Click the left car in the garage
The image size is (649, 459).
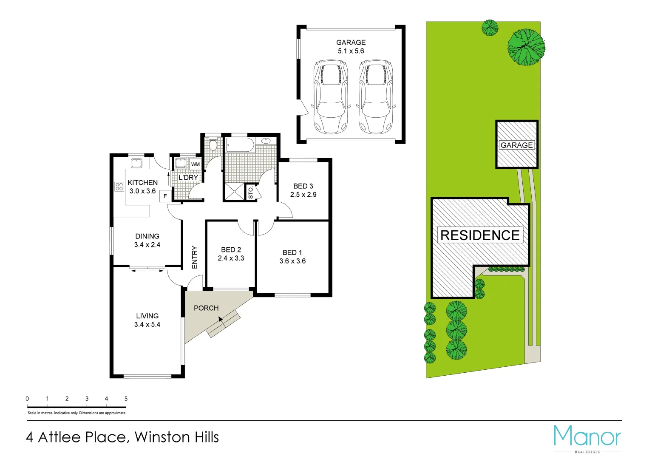330,96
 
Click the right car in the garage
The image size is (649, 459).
375,96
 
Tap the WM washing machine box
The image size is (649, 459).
195,164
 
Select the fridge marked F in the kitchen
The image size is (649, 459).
165,196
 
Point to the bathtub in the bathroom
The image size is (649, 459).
239,144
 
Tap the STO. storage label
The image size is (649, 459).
250,193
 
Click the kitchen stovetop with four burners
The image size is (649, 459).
119,187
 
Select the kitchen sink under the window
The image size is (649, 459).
136,163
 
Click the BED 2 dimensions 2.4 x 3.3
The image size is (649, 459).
231,258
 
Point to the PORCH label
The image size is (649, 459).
206,308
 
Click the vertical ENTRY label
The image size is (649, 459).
195,257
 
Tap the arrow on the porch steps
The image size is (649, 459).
221,320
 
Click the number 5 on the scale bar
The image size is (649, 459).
126,399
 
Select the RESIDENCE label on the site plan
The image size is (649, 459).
480,235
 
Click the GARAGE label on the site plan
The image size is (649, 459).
516,145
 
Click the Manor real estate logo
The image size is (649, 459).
587,438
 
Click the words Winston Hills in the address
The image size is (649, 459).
176,437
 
